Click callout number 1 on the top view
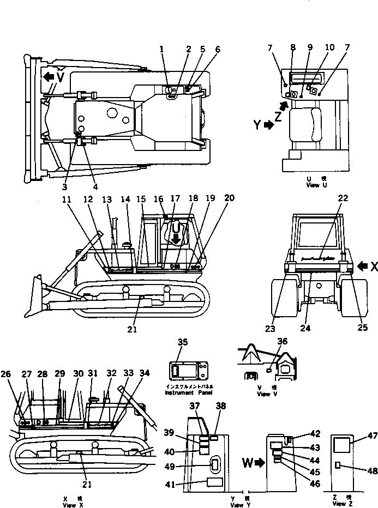[x=162, y=50]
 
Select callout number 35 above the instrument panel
[x=183, y=342]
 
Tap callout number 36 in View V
[x=281, y=341]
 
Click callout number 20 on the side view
[x=230, y=198]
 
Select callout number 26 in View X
[x=5, y=373]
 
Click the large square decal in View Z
[x=342, y=446]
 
